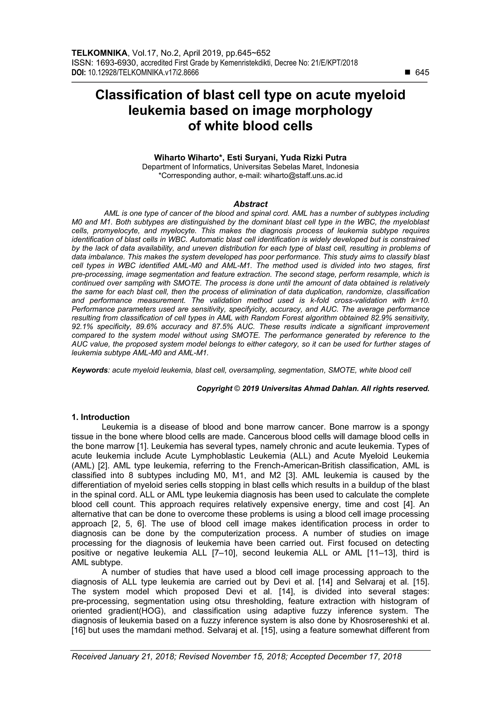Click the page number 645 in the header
point(422,73)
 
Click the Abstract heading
point(250,204)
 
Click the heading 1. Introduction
point(100,417)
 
